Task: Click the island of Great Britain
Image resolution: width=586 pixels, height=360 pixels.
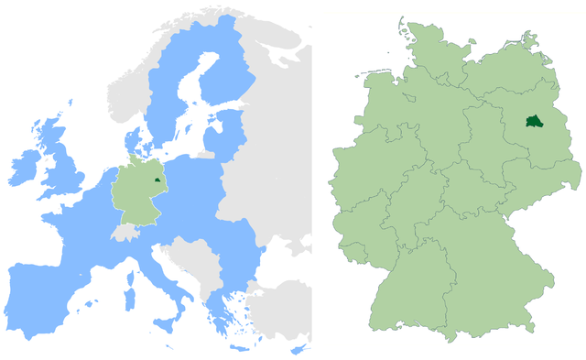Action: (x=64, y=169)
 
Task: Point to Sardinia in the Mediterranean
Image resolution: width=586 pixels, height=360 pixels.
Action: (x=129, y=299)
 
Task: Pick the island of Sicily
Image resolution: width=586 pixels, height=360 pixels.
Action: (x=168, y=323)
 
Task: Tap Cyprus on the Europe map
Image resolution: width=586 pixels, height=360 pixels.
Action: (x=298, y=350)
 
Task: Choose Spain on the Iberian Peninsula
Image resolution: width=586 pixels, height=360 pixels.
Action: (x=41, y=293)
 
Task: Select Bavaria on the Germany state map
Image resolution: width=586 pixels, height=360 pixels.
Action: (x=485, y=275)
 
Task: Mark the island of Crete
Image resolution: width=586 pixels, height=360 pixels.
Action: (x=239, y=349)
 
